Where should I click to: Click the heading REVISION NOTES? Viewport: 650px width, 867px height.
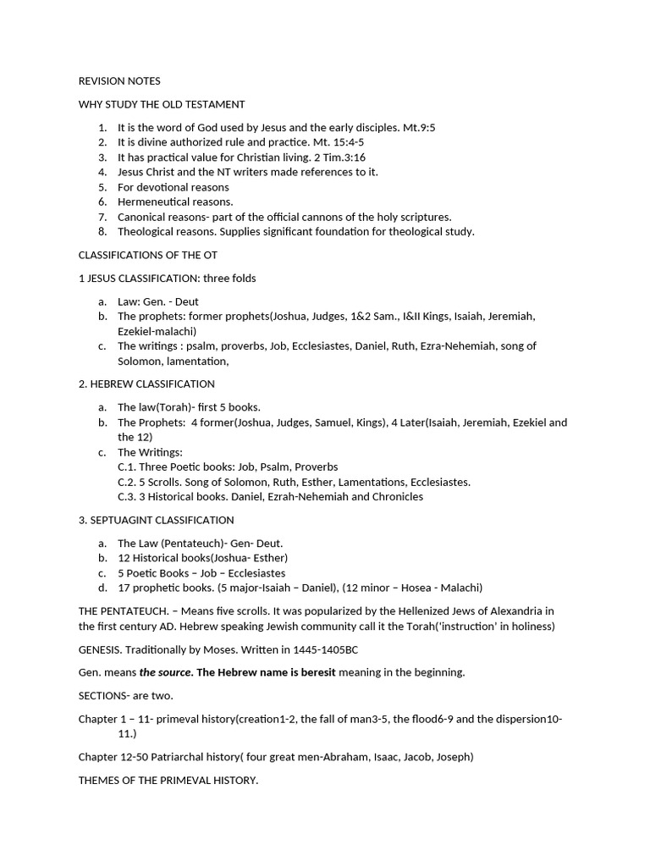(x=119, y=81)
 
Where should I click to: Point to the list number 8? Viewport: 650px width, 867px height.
(x=102, y=232)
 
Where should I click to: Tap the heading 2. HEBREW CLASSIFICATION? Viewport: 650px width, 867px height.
(x=146, y=384)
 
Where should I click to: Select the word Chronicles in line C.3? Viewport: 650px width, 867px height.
(x=396, y=497)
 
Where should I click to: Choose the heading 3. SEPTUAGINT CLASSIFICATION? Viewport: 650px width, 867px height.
(x=157, y=520)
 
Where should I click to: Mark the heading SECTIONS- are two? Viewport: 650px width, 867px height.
(x=125, y=695)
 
